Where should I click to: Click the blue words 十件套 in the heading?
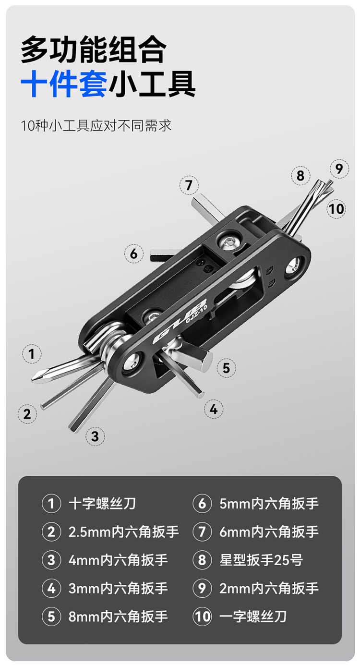64,84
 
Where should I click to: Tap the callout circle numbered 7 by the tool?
189,185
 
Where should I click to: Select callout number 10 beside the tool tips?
336,209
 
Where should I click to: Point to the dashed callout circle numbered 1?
32,354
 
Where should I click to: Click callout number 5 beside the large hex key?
226,368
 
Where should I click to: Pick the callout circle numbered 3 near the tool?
95,436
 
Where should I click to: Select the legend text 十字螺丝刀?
102,504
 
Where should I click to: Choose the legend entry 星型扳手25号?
261,560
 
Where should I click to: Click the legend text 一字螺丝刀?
253,617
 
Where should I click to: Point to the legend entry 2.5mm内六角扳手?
123,532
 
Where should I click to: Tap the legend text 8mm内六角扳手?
118,617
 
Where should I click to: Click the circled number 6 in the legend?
202,504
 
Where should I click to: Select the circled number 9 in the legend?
202,588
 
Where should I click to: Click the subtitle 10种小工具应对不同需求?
96,126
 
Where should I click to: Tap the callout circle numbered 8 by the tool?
300,175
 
